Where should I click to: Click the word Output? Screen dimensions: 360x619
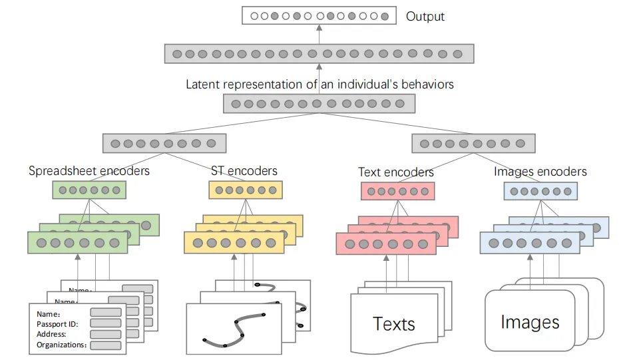tap(425, 16)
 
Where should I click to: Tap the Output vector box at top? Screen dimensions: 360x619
tap(319, 15)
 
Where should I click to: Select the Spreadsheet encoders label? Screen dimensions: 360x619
tap(89, 171)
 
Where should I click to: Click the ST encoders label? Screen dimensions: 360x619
tap(244, 171)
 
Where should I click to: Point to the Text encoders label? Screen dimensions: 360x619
tap(396, 172)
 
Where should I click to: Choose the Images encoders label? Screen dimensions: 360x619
tap(540, 172)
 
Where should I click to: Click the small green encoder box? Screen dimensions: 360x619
tap(89, 190)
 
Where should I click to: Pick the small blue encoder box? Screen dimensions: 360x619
tap(540, 191)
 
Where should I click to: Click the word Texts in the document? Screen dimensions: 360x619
tap(394, 324)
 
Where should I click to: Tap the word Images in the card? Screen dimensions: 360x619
tap(530, 323)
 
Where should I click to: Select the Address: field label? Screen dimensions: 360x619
tap(52, 334)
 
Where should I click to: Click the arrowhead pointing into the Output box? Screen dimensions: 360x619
tap(319, 28)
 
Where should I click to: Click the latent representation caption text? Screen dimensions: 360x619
tap(319, 85)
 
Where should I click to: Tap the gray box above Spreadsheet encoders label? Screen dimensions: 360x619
tap(164, 143)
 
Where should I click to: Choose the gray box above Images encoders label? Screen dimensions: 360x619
tap(473, 143)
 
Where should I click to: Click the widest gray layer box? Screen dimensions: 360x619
tap(319, 53)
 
